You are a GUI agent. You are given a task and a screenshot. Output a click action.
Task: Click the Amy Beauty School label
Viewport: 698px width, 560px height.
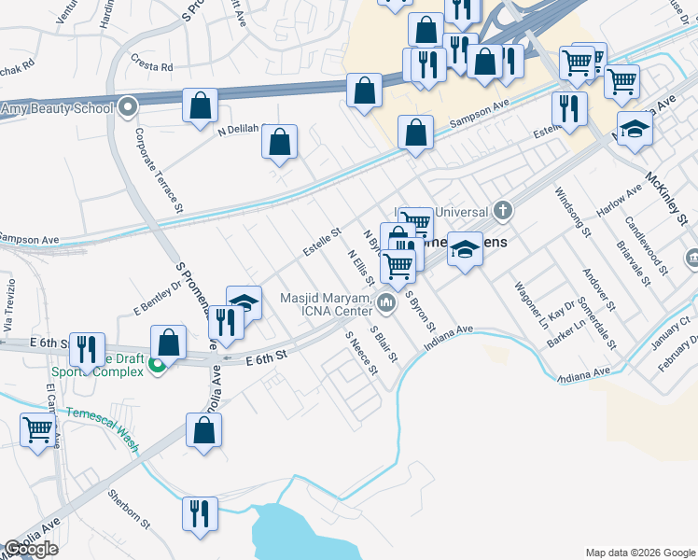click(56, 109)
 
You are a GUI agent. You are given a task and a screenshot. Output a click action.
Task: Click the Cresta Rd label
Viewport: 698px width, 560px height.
click(154, 67)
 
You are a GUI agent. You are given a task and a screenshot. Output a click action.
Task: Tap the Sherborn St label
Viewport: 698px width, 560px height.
click(129, 508)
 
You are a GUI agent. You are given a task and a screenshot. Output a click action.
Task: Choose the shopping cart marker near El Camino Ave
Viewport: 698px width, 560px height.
click(38, 430)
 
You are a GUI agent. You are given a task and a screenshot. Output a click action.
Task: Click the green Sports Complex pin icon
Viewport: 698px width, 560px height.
click(158, 367)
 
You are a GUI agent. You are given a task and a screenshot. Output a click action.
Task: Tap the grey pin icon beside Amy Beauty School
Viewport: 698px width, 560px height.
click(128, 107)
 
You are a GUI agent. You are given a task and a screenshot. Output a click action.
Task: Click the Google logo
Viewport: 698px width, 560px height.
click(31, 549)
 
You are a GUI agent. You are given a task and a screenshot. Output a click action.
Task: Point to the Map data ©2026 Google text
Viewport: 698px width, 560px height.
click(639, 552)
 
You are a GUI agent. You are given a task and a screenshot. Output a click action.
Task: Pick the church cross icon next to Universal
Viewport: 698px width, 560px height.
click(503, 209)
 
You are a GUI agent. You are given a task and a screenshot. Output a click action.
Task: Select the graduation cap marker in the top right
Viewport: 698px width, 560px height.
click(635, 128)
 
